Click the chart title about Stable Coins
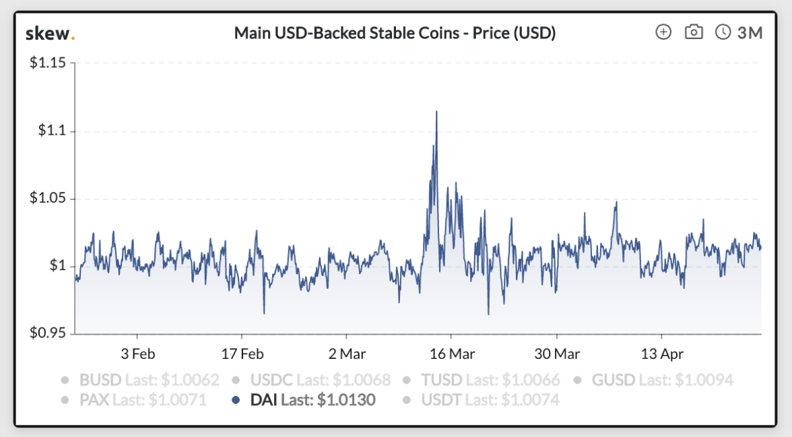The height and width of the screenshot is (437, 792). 395,33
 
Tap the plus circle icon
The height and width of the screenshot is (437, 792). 663,32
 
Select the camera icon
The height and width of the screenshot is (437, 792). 694,32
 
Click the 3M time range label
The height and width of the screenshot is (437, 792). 749,32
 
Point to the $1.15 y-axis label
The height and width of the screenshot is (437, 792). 47,63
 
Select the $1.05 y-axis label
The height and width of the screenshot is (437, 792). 47,199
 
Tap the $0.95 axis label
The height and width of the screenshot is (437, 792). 47,333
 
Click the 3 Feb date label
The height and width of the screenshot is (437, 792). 137,354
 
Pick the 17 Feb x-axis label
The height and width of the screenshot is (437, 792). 242,354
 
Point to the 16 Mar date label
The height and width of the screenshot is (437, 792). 452,354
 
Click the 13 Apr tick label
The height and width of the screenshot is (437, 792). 661,354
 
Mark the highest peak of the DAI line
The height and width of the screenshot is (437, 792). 436,112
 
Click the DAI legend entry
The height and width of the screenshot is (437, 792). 304,400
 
